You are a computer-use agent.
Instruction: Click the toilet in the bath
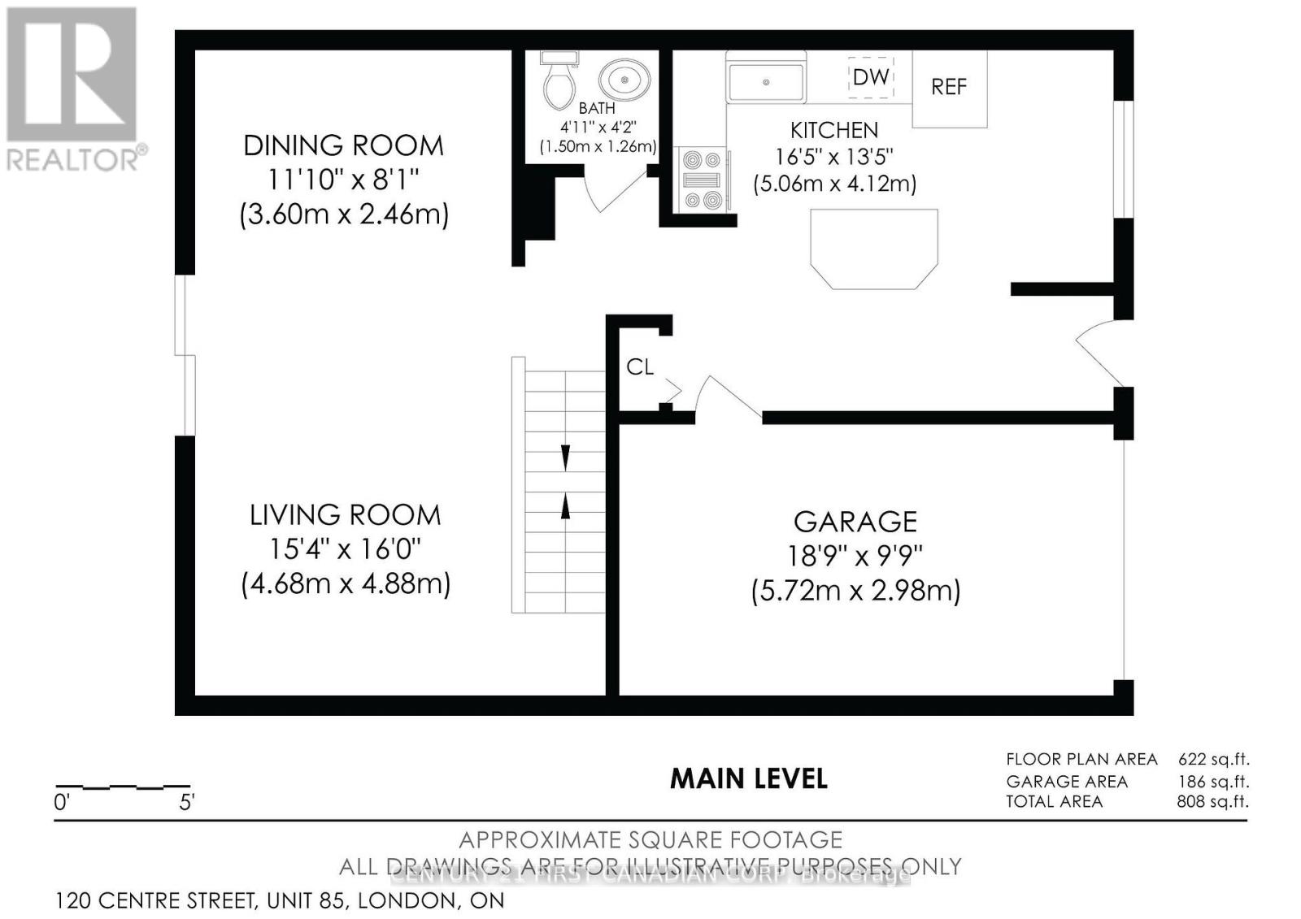(x=558, y=84)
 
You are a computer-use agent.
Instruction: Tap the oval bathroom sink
(x=624, y=80)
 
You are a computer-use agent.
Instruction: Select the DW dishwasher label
(x=871, y=77)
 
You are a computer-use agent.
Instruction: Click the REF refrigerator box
(x=949, y=88)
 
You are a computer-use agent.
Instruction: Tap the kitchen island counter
(x=874, y=248)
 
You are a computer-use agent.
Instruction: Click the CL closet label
(x=640, y=367)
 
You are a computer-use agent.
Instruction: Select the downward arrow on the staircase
(x=565, y=457)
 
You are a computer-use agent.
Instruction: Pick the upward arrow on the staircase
(x=565, y=505)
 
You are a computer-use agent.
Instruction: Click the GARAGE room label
(x=855, y=522)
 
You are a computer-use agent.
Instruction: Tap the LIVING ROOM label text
(x=345, y=515)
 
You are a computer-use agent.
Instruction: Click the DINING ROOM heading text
(x=343, y=146)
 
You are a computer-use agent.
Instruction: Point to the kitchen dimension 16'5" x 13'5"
(x=834, y=156)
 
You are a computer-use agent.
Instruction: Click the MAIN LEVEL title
(x=748, y=778)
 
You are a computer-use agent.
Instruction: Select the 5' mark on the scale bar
(x=186, y=803)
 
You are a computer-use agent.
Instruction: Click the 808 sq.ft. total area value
(x=1212, y=801)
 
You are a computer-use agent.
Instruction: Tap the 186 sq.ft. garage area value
(x=1213, y=782)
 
